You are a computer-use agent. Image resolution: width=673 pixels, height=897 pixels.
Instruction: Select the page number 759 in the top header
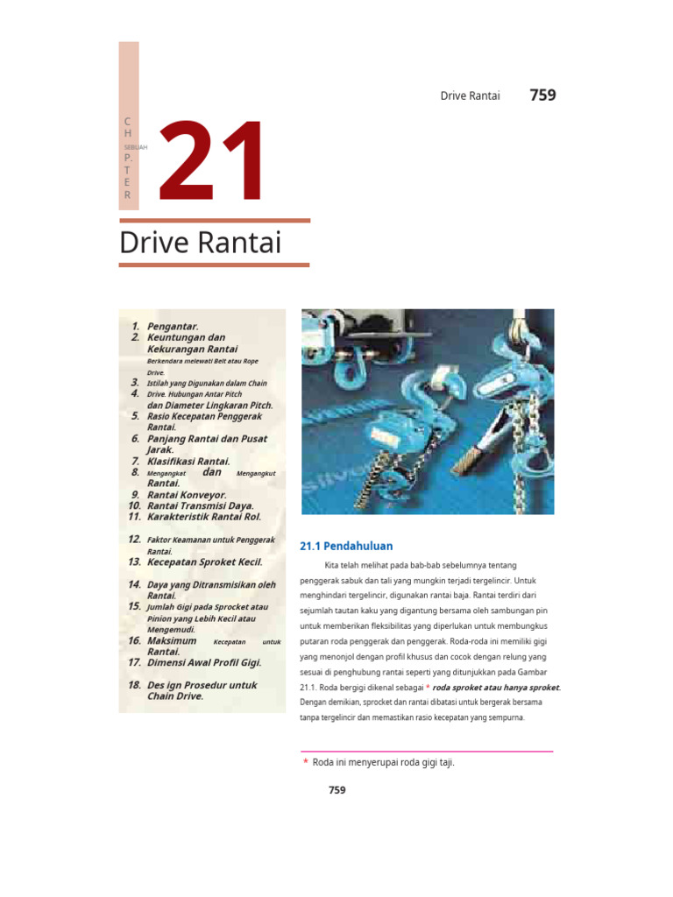coord(542,95)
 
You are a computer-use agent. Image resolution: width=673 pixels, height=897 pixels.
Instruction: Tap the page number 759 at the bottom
coord(337,790)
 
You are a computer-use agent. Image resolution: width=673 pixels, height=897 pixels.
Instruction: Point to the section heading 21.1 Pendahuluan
coord(346,546)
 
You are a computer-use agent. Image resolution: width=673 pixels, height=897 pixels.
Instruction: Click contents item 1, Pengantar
coord(173,326)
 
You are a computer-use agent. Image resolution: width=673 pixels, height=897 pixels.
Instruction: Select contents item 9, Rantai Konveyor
coord(187,494)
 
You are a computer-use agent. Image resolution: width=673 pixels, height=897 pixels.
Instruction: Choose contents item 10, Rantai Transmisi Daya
coord(201,505)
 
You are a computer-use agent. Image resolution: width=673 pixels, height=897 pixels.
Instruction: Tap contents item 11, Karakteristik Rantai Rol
coord(204,517)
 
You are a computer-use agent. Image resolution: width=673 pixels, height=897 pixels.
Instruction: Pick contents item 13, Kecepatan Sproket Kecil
coord(204,562)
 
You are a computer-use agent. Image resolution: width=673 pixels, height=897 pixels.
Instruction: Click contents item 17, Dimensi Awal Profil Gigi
coord(204,663)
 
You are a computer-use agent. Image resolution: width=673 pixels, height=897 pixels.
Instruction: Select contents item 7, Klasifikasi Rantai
coord(188,461)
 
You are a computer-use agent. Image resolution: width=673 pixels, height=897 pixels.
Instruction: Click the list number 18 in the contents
coord(134,685)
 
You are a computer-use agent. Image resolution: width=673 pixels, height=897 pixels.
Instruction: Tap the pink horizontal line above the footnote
coord(427,751)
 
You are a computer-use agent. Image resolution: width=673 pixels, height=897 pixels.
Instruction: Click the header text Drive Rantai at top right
coord(470,95)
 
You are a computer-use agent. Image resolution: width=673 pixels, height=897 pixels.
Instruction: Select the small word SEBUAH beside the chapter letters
coord(136,148)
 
